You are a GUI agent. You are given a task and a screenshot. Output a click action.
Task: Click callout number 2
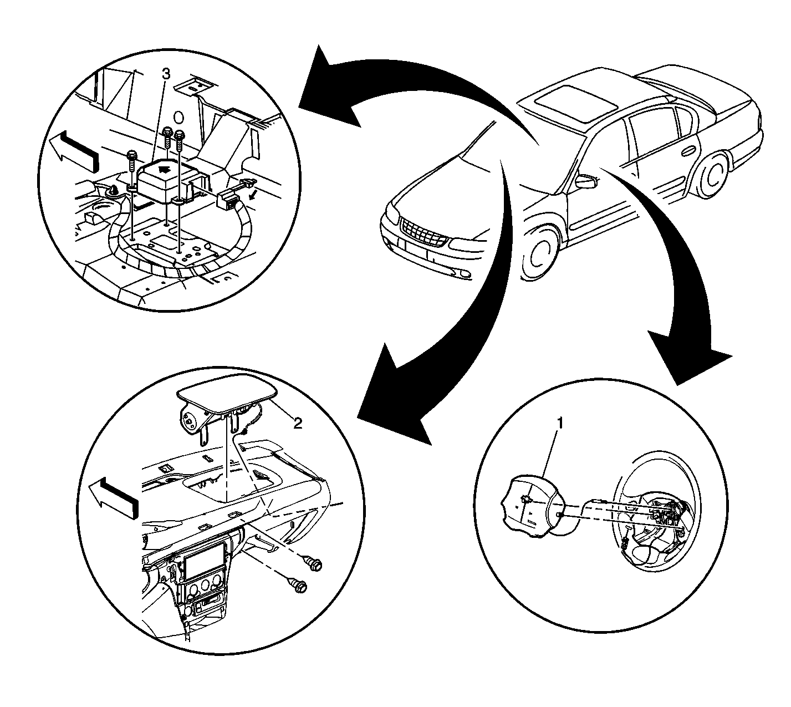298,423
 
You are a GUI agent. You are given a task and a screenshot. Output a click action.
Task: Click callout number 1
560,424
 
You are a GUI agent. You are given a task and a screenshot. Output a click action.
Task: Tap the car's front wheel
540,254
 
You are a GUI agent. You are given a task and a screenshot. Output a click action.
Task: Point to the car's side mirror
585,180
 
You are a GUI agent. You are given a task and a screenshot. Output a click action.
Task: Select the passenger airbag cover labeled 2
227,391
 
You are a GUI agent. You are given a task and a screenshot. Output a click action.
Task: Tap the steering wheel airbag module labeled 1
529,504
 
